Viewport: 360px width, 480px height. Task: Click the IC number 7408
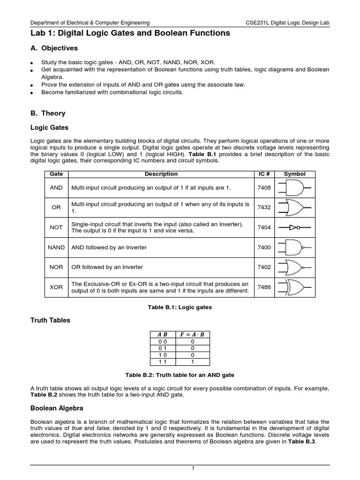click(x=264, y=187)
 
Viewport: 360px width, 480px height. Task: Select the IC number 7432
click(x=264, y=207)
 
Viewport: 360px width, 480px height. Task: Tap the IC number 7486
click(x=264, y=287)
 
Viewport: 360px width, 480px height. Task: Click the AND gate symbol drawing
click(x=294, y=187)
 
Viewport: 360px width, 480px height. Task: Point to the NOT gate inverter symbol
click(x=294, y=227)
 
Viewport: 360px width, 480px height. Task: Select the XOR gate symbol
click(x=294, y=287)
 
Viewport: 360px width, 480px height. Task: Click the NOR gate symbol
click(x=294, y=267)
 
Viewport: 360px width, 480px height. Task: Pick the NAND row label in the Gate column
click(x=56, y=247)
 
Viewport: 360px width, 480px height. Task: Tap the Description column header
click(x=161, y=174)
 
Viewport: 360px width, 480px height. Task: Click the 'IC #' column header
click(x=264, y=174)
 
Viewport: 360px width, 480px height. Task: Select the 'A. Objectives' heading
click(x=54, y=48)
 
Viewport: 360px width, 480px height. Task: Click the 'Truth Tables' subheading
click(x=50, y=320)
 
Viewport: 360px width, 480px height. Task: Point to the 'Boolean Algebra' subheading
click(x=57, y=408)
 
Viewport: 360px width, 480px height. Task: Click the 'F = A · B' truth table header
click(x=192, y=334)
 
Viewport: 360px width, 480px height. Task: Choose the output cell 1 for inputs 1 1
click(x=192, y=362)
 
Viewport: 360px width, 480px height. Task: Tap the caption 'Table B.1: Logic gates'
click(x=180, y=307)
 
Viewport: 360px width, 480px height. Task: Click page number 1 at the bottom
click(x=180, y=469)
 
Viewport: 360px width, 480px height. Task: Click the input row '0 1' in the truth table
click(x=162, y=349)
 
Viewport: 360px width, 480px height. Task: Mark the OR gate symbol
click(x=294, y=207)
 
